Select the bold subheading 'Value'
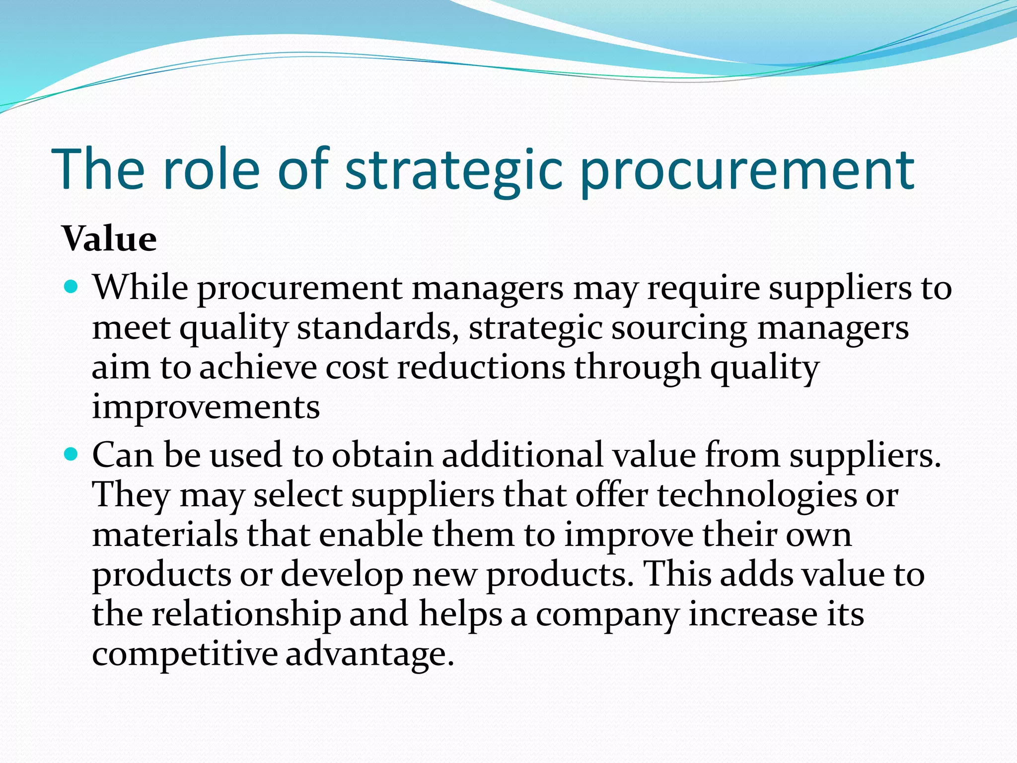[x=110, y=239]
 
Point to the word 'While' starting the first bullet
[x=141, y=288]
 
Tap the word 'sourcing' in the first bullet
[x=679, y=328]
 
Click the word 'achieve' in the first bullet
[x=258, y=368]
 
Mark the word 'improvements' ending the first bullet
[x=206, y=407]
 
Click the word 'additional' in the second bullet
[x=522, y=455]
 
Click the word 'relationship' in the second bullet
[x=246, y=614]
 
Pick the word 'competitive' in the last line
[x=185, y=654]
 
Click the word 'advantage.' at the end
[x=370, y=654]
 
